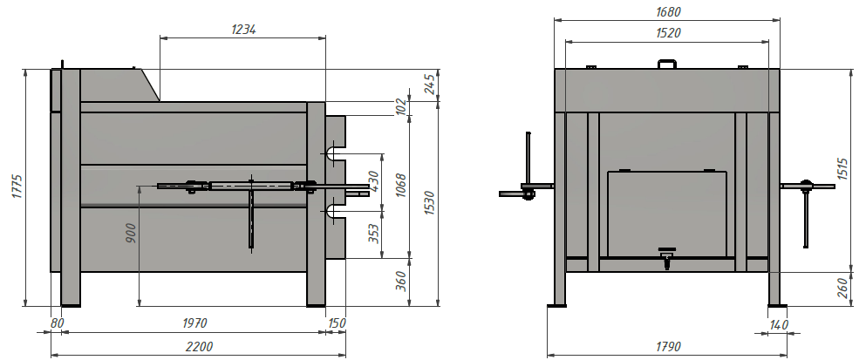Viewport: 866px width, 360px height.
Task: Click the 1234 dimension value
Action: (243, 30)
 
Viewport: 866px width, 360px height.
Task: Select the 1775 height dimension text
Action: (17, 187)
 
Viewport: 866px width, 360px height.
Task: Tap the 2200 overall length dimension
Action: (199, 347)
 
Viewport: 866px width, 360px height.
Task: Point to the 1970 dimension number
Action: (194, 323)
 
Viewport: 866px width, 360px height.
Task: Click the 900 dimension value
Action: (130, 233)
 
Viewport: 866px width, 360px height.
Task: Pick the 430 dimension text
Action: (374, 180)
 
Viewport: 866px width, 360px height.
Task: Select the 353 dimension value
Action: (374, 234)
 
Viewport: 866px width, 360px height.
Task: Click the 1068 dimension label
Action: (401, 186)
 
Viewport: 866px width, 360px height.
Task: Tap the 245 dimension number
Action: (431, 85)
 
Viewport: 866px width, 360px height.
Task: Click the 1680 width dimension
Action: (668, 11)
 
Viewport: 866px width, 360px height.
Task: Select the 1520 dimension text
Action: (668, 33)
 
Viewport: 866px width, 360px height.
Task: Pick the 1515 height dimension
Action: (842, 169)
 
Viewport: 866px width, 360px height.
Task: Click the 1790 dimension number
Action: (668, 347)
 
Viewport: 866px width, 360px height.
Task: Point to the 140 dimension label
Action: (778, 324)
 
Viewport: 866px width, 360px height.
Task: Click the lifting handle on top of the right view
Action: (667, 64)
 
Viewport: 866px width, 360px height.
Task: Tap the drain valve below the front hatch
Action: (667, 257)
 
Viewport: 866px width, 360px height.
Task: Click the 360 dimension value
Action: (401, 281)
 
